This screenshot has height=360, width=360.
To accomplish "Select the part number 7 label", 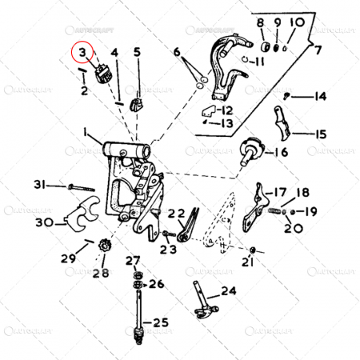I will point(318,50).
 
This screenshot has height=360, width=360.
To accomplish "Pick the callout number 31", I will point(39,186).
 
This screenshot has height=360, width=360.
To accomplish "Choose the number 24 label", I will point(229,291).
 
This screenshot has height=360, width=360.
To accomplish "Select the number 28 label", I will point(100,274).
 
